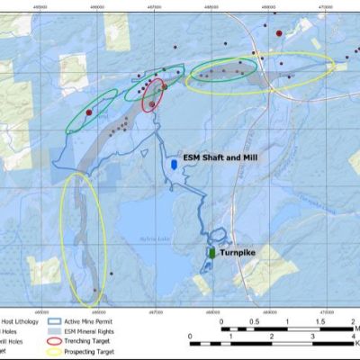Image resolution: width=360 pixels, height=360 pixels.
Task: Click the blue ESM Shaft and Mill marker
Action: pyautogui.click(x=173, y=166)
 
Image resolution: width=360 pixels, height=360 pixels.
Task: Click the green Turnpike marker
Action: pyautogui.click(x=211, y=255)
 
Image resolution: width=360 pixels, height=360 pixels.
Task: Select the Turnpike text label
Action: pyautogui.click(x=238, y=254)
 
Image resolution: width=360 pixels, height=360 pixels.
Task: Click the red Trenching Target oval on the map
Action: pyautogui.click(x=153, y=95)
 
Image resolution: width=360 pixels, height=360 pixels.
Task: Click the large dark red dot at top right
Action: pyautogui.click(x=279, y=34)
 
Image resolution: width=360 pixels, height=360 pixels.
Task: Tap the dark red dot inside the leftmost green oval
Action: pyautogui.click(x=90, y=112)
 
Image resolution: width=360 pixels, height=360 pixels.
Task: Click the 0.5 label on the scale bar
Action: pyautogui.click(x=255, y=321)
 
